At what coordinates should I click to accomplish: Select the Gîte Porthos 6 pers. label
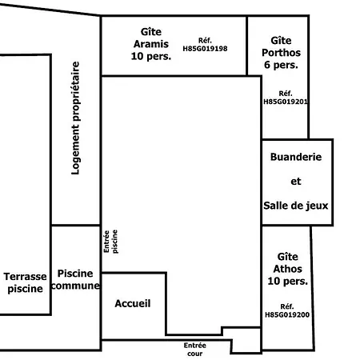click(x=281, y=51)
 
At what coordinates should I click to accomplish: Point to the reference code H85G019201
click(x=286, y=98)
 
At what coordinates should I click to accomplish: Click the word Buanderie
click(x=296, y=158)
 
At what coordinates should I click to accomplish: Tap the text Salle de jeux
click(x=296, y=206)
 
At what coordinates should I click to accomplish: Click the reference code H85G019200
click(x=286, y=310)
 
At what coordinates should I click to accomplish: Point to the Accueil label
click(x=133, y=304)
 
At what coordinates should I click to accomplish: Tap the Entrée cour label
click(x=194, y=349)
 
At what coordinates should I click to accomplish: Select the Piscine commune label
click(x=76, y=279)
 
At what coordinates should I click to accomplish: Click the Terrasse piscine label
click(x=25, y=282)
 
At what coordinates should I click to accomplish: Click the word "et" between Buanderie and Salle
click(x=295, y=181)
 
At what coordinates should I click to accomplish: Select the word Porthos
click(x=281, y=51)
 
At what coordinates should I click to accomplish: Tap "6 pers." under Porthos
click(x=281, y=64)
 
